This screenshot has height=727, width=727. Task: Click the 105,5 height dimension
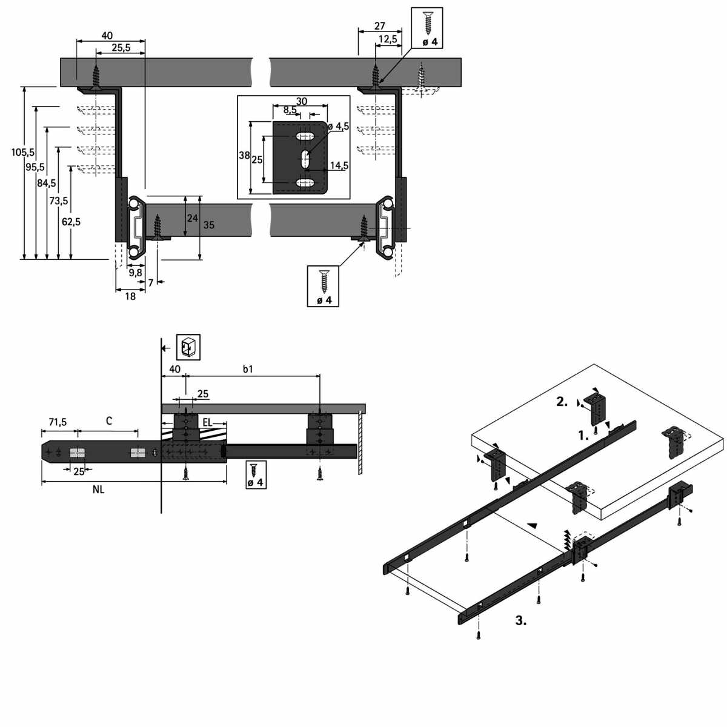(x=23, y=152)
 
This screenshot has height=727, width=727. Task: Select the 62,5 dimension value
(x=71, y=222)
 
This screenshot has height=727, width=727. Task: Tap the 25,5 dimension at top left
(x=121, y=48)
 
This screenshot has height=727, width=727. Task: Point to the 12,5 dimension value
(x=387, y=39)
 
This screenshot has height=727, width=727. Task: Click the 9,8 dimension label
(x=135, y=273)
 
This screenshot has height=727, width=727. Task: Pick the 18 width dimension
(x=130, y=296)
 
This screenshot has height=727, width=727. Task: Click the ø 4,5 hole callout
(x=338, y=126)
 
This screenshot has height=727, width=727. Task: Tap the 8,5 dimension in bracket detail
(x=290, y=110)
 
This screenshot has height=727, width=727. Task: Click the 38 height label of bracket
(x=244, y=156)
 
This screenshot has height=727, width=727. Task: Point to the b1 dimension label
(x=248, y=369)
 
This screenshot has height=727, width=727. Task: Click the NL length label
(x=98, y=490)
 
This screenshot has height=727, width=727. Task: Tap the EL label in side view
(x=207, y=422)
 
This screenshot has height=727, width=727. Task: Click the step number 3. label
(x=520, y=620)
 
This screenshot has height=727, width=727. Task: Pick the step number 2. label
(x=562, y=401)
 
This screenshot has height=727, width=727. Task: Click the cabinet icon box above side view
(x=188, y=348)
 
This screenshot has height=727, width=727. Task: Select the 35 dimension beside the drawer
(x=208, y=225)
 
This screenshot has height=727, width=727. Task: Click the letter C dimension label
(x=109, y=421)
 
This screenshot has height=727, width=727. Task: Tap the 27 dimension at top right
(x=380, y=25)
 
